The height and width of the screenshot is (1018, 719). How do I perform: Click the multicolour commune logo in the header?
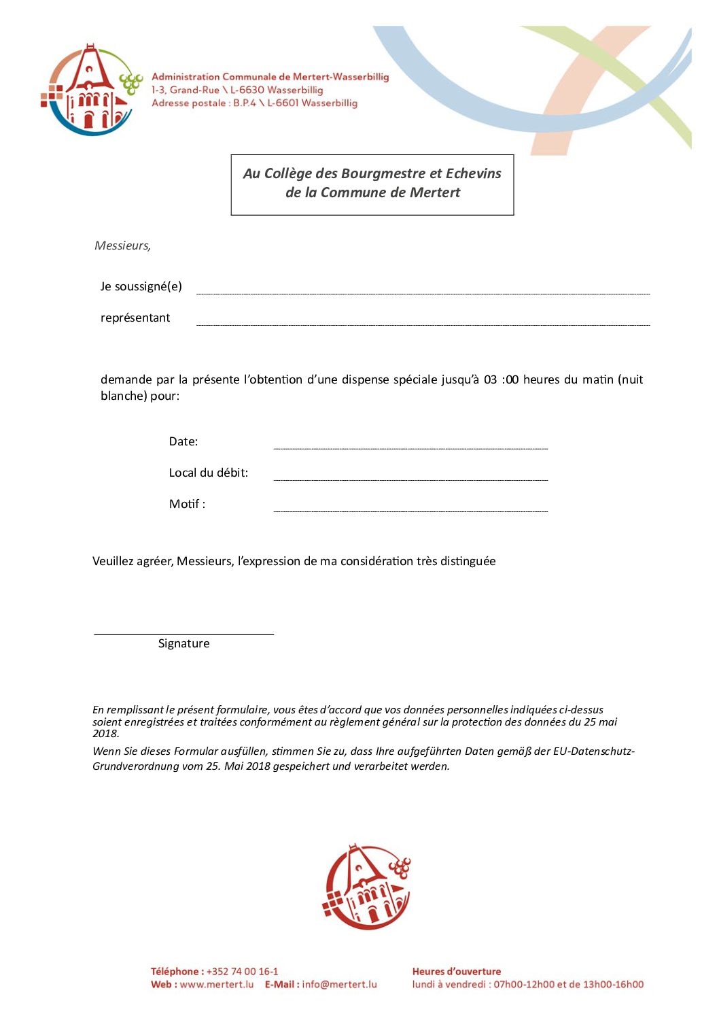click(91, 90)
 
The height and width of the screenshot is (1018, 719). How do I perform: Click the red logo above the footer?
click(367, 887)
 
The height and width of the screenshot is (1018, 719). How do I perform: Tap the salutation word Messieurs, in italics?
click(122, 245)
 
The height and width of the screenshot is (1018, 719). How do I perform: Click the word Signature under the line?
click(183, 643)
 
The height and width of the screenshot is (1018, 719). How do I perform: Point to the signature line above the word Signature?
click(183, 634)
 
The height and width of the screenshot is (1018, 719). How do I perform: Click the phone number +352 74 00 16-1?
click(242, 971)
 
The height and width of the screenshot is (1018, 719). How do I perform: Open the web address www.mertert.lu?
click(217, 984)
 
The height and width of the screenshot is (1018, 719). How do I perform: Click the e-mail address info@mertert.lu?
click(339, 984)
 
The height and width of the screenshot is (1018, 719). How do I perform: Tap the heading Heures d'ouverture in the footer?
click(457, 971)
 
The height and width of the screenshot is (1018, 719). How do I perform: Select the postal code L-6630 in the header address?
click(247, 90)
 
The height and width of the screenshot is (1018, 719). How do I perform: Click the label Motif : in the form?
click(187, 504)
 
